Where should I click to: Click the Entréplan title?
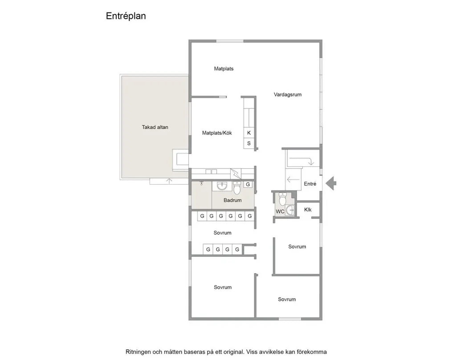click(x=126, y=16)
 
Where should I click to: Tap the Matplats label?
click(x=224, y=69)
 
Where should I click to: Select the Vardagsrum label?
click(x=288, y=95)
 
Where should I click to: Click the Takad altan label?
click(x=155, y=127)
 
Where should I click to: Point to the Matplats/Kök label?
click(x=217, y=133)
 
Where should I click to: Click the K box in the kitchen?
click(x=249, y=133)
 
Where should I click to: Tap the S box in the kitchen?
click(x=249, y=143)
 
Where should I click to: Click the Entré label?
click(x=310, y=184)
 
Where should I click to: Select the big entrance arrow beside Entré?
click(x=331, y=184)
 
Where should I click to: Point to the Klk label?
click(x=308, y=210)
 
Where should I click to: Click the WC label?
click(x=280, y=211)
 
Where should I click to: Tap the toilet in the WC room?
click(x=282, y=199)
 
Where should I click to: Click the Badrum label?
click(x=232, y=200)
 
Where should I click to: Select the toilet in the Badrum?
click(x=237, y=188)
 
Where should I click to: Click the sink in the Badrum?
click(x=222, y=186)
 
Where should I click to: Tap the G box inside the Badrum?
click(x=248, y=184)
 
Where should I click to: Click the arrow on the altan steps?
click(x=169, y=181)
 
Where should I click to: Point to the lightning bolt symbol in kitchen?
click(x=236, y=174)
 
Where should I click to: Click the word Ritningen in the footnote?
click(x=138, y=352)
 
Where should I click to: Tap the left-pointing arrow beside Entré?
click(x=293, y=180)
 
